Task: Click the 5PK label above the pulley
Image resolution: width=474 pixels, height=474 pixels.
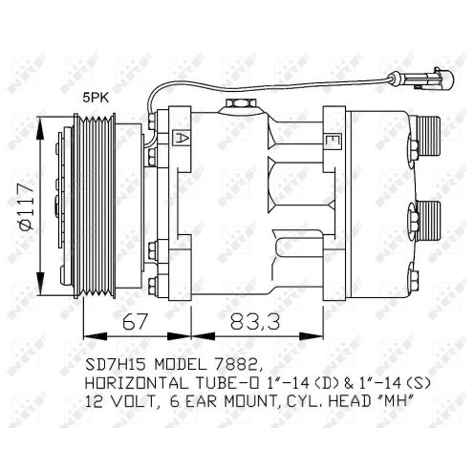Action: (x=96, y=98)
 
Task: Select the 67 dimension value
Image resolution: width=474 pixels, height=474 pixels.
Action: (x=135, y=321)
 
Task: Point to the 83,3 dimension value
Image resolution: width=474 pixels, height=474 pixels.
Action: (x=255, y=321)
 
